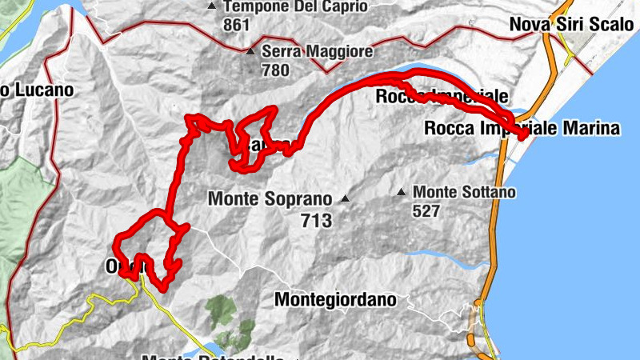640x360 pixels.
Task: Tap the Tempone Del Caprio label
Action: point(295,6)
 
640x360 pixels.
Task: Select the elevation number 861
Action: point(238,25)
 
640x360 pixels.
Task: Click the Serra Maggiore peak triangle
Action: point(250,52)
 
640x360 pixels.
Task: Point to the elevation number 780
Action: point(276,70)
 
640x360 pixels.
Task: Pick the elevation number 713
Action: point(317,221)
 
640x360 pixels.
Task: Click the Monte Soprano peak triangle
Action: point(345,198)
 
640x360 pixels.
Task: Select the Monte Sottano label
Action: point(465,192)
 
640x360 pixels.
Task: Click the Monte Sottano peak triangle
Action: point(401,192)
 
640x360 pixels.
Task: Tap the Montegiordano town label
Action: point(335,300)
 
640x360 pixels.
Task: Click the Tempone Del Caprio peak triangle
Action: point(211,6)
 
